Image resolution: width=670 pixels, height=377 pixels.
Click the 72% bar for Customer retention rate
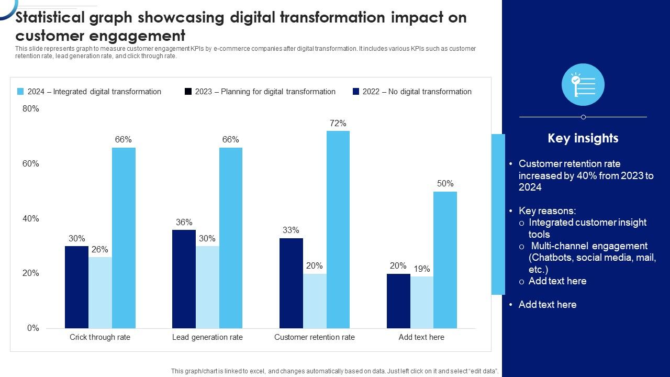pyautogui.click(x=338, y=229)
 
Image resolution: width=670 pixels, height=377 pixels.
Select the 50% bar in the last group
pyautogui.click(x=445, y=260)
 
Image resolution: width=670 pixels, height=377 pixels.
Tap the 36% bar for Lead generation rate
pyautogui.click(x=184, y=279)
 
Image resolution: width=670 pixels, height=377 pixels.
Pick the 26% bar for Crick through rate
pyautogui.click(x=100, y=292)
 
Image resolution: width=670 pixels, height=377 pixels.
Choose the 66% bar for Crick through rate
pyautogui.click(x=124, y=238)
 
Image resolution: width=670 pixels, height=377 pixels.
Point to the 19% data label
pyautogui.click(x=421, y=269)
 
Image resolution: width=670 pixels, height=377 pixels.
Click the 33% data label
pyautogui.click(x=291, y=230)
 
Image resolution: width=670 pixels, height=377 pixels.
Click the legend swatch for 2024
pyautogui.click(x=20, y=92)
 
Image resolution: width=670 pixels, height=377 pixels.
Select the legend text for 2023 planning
pyautogui.click(x=265, y=92)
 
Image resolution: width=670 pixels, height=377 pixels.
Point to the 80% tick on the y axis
pyautogui.click(x=31, y=109)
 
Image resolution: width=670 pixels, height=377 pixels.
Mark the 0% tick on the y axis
pyautogui.click(x=33, y=328)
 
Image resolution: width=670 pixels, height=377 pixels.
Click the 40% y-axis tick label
pyautogui.click(x=31, y=219)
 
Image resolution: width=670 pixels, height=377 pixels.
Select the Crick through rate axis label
pyautogui.click(x=100, y=337)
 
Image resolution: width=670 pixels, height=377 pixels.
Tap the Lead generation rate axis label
pyautogui.click(x=207, y=337)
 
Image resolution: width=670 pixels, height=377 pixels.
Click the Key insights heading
pyautogui.click(x=583, y=138)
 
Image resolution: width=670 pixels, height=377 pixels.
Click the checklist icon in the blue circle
pyautogui.click(x=583, y=85)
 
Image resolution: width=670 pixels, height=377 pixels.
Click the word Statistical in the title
pyautogui.click(x=50, y=18)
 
